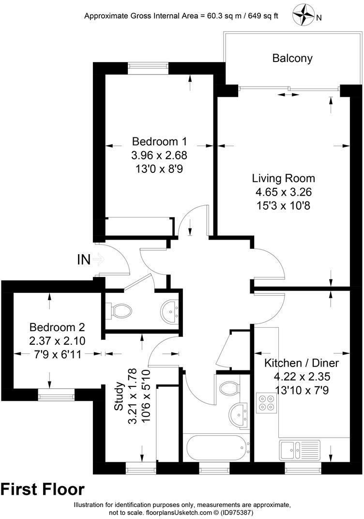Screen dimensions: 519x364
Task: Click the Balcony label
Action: [x=292, y=59]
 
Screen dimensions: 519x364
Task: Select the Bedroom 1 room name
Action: [x=159, y=142]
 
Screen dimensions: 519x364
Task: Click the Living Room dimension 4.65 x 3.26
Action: [x=283, y=192]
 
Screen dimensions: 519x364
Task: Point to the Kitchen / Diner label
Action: [x=301, y=363]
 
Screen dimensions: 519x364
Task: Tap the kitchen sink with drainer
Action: [x=300, y=449]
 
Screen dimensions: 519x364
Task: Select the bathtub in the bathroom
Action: [x=217, y=450]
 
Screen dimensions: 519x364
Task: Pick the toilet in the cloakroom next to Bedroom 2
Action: [x=119, y=310]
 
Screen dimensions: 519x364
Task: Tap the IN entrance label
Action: [x=84, y=260]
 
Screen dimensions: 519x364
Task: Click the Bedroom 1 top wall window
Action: [x=149, y=65]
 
